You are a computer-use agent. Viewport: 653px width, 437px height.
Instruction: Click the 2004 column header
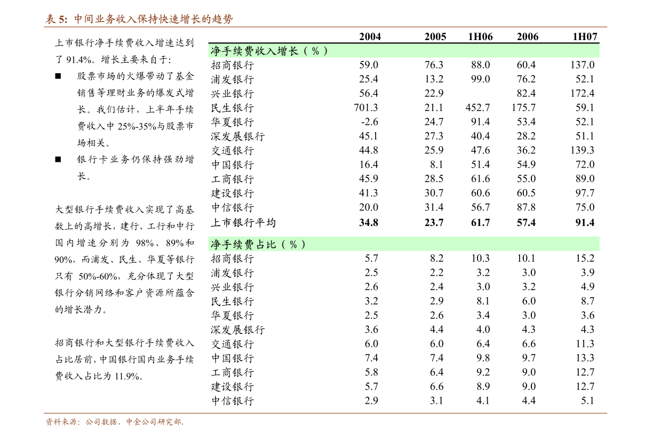point(370,36)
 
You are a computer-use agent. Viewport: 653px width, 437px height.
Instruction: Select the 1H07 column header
point(585,36)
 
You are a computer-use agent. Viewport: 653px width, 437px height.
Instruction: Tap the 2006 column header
point(527,36)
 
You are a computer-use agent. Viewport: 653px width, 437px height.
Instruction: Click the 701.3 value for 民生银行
point(365,107)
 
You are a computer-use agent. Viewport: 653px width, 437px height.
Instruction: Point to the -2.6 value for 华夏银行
point(369,121)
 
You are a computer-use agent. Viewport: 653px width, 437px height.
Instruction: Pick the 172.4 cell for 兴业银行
point(582,93)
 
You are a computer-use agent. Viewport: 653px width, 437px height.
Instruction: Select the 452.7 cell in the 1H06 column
point(477,107)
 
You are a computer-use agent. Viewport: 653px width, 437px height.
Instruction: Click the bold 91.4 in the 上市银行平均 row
point(585,222)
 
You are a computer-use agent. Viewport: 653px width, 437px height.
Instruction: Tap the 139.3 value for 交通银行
point(582,150)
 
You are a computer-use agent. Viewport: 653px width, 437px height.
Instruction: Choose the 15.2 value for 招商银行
point(585,258)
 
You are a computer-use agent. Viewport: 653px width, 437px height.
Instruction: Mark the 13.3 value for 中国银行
point(585,357)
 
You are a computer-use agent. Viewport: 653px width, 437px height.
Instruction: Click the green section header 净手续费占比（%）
point(258,244)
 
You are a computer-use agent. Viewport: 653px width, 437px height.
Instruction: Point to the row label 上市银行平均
point(243,222)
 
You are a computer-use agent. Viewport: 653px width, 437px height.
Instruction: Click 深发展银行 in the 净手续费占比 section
point(237,330)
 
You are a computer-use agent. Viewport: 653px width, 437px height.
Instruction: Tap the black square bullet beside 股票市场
point(58,76)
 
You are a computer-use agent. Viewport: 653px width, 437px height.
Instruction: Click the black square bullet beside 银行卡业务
point(58,159)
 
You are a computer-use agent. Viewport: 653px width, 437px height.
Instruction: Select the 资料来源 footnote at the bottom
point(114,422)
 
